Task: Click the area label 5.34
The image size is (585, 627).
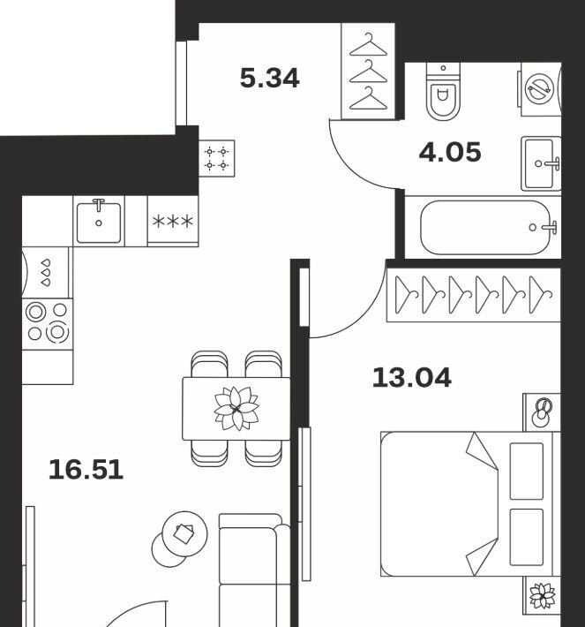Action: coord(269,78)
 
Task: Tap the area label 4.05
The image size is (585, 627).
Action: coord(450,153)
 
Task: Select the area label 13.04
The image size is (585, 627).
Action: coord(411,377)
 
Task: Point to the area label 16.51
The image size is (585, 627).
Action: coord(86,470)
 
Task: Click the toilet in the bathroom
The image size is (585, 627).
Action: coord(443,91)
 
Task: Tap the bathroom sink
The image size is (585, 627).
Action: coord(541,163)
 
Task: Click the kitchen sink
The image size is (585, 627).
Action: coord(99,221)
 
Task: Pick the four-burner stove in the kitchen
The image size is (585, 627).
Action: coord(47,324)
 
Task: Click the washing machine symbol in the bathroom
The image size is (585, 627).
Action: coord(540,89)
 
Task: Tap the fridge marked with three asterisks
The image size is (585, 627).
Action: coord(173,221)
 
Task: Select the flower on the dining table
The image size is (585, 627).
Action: coord(236,408)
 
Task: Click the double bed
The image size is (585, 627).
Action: coord(467,504)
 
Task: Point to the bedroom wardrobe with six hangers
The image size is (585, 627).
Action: coord(474,295)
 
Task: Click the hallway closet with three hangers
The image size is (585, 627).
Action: coord(368,72)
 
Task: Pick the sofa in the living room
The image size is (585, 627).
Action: coord(254,570)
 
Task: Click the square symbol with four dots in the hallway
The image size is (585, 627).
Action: coord(216,158)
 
